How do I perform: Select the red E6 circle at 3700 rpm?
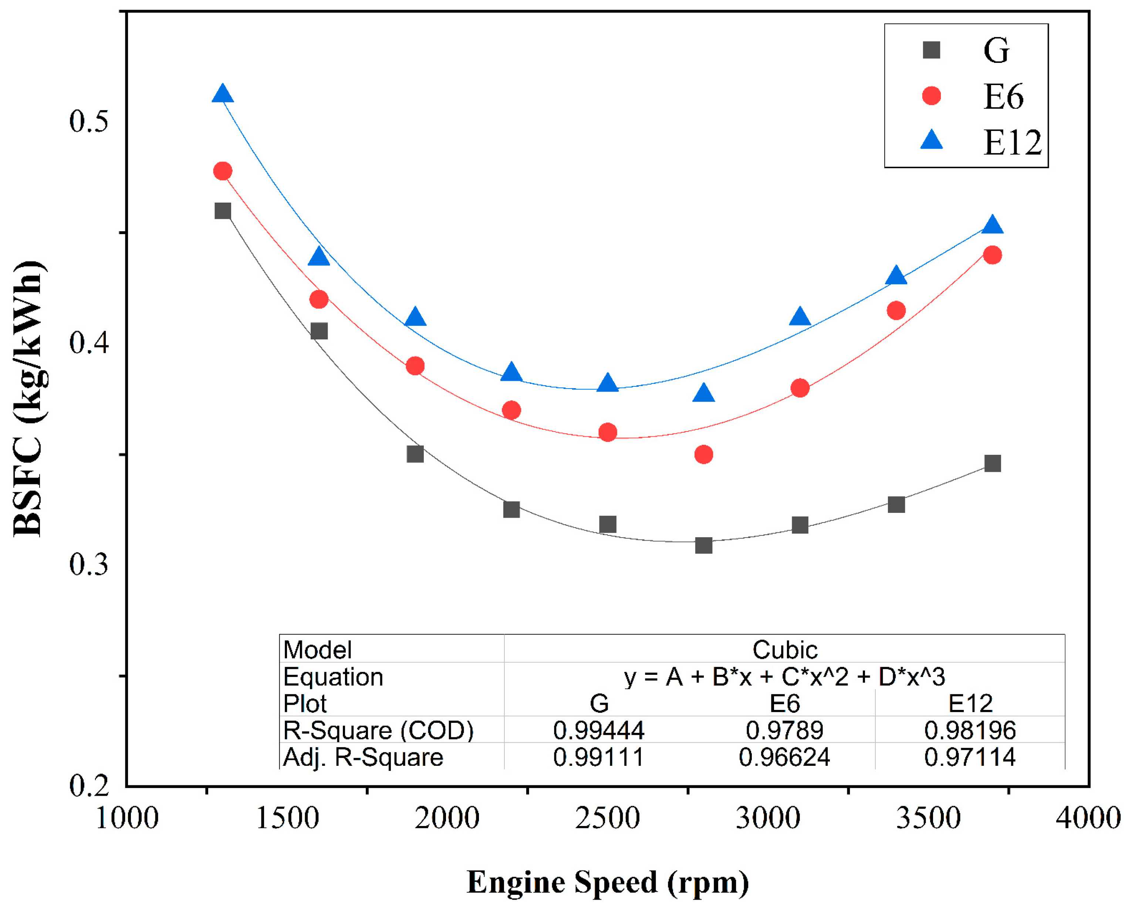(992, 255)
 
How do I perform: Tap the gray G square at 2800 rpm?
(703, 545)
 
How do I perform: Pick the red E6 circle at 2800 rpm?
(703, 454)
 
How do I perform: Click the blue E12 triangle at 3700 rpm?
(992, 226)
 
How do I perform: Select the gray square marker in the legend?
(931, 51)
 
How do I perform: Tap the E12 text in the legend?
(1012, 143)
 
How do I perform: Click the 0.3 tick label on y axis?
(88, 564)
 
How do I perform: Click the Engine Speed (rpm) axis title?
(607, 882)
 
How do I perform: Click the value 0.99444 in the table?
(598, 730)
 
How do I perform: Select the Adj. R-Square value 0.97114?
(969, 757)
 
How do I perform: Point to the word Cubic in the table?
(784, 650)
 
